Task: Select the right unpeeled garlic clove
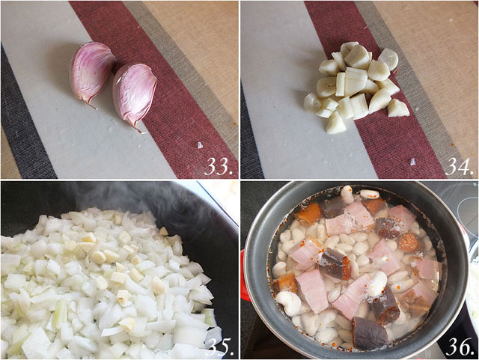[135, 94]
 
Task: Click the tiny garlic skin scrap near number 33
[199, 144]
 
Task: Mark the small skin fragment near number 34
[413, 160]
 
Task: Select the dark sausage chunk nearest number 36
[370, 332]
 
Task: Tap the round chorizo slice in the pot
[408, 242]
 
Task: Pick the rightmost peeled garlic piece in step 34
[398, 108]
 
